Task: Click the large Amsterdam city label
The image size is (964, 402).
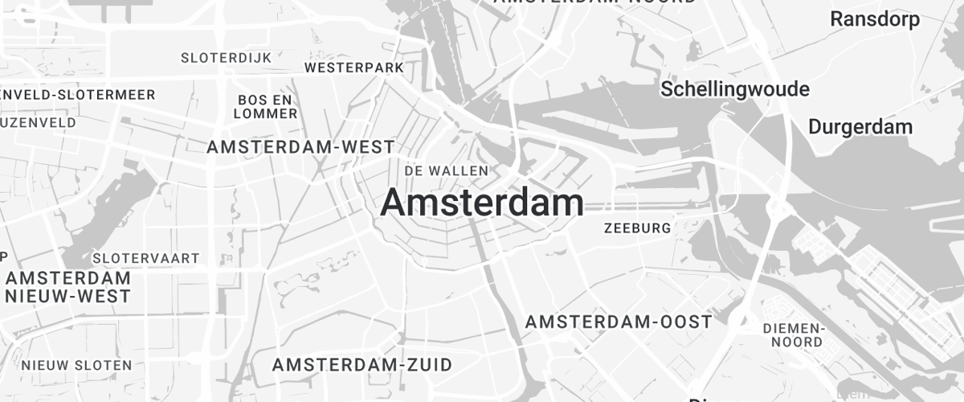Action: pyautogui.click(x=482, y=203)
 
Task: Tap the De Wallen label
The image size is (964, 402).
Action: pyautogui.click(x=447, y=170)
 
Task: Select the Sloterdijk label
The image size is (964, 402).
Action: pyautogui.click(x=226, y=58)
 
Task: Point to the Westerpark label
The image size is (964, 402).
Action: pyautogui.click(x=354, y=68)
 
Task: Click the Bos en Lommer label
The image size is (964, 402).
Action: pyautogui.click(x=265, y=106)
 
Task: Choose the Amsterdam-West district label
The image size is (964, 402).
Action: pyautogui.click(x=300, y=147)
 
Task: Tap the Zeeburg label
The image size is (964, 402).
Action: pyautogui.click(x=637, y=228)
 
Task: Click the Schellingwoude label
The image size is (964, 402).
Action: pyautogui.click(x=734, y=89)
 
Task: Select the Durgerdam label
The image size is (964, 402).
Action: pyautogui.click(x=860, y=127)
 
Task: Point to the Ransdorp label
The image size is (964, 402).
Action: pyautogui.click(x=875, y=19)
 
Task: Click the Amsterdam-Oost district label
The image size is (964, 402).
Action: pyautogui.click(x=619, y=322)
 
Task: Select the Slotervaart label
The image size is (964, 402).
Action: pyautogui.click(x=146, y=258)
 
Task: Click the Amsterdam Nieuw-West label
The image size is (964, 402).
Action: pyautogui.click(x=68, y=287)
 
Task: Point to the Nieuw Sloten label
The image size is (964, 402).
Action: pyautogui.click(x=77, y=365)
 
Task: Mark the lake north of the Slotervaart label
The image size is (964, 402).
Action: pyautogui.click(x=120, y=205)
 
